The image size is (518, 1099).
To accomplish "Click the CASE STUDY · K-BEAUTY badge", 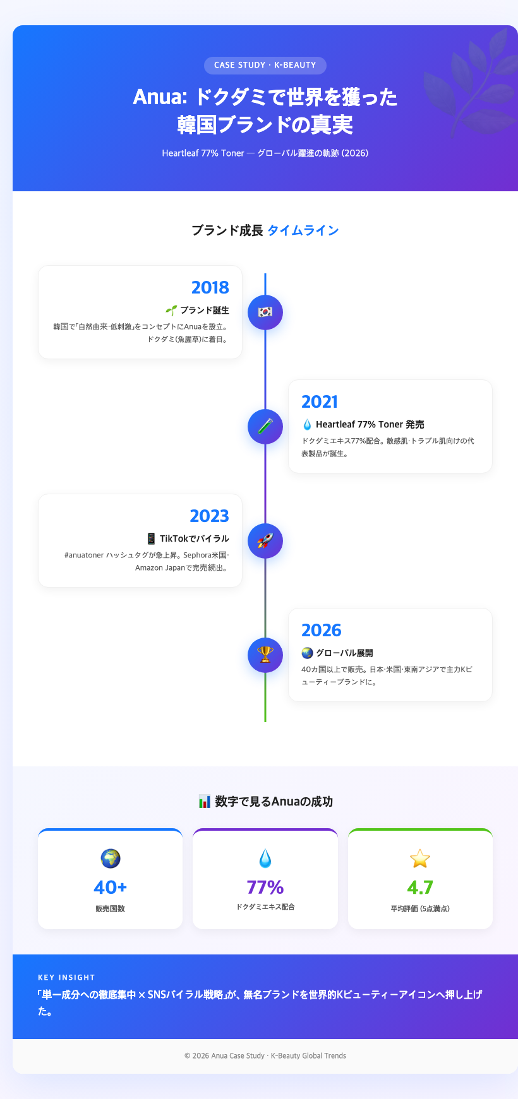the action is tap(265, 65).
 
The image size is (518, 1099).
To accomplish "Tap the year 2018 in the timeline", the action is tap(210, 288).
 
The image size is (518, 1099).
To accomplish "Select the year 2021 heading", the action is tap(320, 402).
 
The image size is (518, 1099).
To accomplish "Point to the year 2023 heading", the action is tap(209, 516).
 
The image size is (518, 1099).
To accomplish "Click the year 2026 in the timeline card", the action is tap(322, 631).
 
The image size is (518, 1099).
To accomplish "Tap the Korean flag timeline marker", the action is tap(265, 312).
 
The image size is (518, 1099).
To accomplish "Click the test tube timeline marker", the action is tap(265, 427).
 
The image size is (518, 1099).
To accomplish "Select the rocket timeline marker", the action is tap(265, 541).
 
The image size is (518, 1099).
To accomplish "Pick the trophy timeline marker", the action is tap(265, 655).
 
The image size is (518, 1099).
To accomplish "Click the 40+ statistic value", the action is tap(111, 888).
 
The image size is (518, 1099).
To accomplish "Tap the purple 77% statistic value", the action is tap(265, 888).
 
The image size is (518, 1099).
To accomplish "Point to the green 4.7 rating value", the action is tap(420, 888).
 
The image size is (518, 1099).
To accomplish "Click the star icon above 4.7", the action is tap(420, 858).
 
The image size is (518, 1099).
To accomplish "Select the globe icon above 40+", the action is tap(111, 858).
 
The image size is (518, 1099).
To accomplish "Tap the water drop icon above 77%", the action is tap(265, 858).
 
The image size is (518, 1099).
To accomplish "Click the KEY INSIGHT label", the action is tap(66, 978).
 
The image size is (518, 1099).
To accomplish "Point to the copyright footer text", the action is tap(265, 1055).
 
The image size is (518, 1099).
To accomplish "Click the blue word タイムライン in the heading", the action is tap(303, 230).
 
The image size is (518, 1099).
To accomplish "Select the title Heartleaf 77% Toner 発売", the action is tap(363, 425).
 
